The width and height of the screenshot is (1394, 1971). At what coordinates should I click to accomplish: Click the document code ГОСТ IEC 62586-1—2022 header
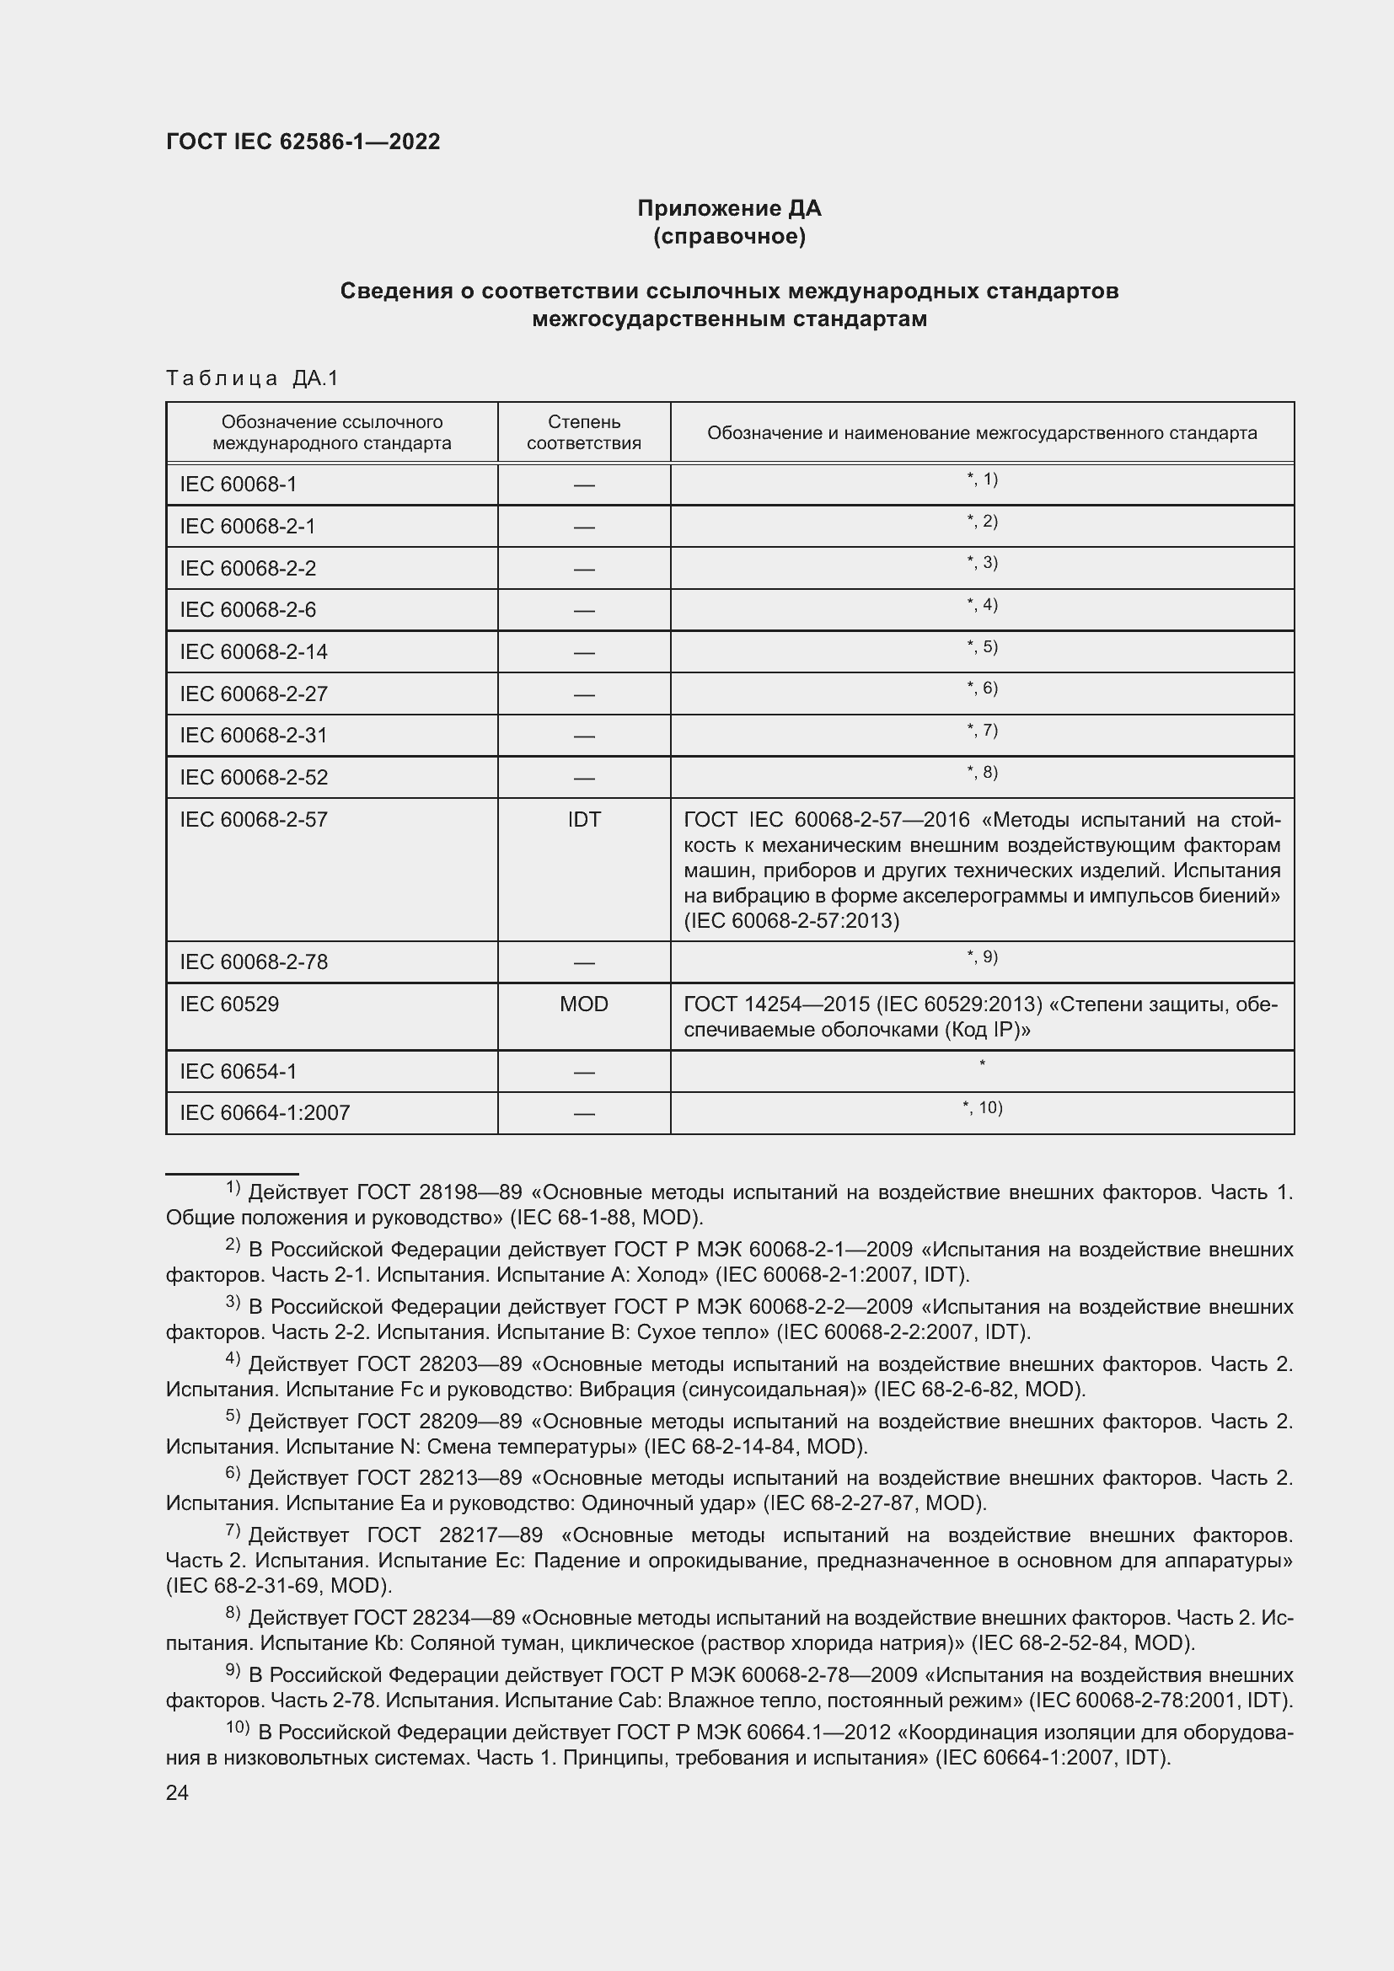[303, 142]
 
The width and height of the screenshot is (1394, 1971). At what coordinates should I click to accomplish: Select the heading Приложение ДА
[729, 209]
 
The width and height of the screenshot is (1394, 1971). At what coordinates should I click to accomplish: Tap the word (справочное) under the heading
[729, 236]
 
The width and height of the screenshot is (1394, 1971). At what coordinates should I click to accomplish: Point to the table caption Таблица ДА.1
[252, 378]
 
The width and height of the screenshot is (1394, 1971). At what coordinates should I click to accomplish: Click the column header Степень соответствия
[584, 432]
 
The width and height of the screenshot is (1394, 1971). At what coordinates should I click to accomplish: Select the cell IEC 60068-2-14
[254, 651]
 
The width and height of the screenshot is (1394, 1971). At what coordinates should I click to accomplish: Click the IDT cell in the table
[584, 819]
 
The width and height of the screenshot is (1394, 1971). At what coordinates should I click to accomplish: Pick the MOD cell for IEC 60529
[584, 1004]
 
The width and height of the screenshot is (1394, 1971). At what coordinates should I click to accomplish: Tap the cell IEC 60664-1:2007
[265, 1112]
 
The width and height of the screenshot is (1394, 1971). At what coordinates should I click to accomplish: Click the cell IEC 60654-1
[239, 1071]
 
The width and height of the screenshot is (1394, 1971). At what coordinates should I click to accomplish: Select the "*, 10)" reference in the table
[982, 1107]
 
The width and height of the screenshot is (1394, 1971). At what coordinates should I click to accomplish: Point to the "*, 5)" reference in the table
[982, 646]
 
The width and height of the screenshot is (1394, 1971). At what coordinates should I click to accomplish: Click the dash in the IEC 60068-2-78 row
[584, 963]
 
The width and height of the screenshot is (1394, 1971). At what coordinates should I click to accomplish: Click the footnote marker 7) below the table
[233, 1529]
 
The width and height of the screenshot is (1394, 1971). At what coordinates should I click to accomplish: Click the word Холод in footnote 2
[679, 1275]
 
